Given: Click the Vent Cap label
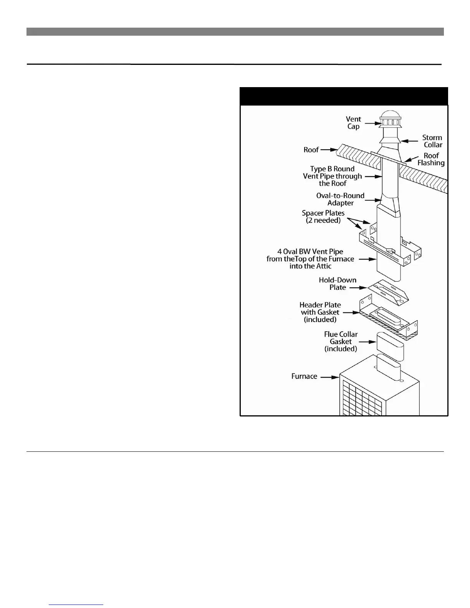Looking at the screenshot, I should [353, 123].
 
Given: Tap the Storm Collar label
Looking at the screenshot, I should [432, 141].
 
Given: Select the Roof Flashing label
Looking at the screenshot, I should [431, 159].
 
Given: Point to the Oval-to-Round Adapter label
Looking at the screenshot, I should [340, 199].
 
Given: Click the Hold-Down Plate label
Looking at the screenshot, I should [338, 284].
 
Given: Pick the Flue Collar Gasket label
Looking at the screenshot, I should [341, 342].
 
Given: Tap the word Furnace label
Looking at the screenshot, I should [304, 377].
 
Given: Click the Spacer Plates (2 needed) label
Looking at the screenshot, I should [323, 217].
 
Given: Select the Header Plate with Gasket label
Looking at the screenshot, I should [320, 312].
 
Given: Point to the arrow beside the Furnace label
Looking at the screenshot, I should [329, 377].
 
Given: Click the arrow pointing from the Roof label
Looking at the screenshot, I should [329, 149].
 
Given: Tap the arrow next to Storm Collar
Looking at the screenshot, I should [410, 141].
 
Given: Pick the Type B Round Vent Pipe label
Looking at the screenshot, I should [332, 176].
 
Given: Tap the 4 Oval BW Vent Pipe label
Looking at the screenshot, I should [310, 259].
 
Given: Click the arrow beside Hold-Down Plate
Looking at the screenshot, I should [357, 287].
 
